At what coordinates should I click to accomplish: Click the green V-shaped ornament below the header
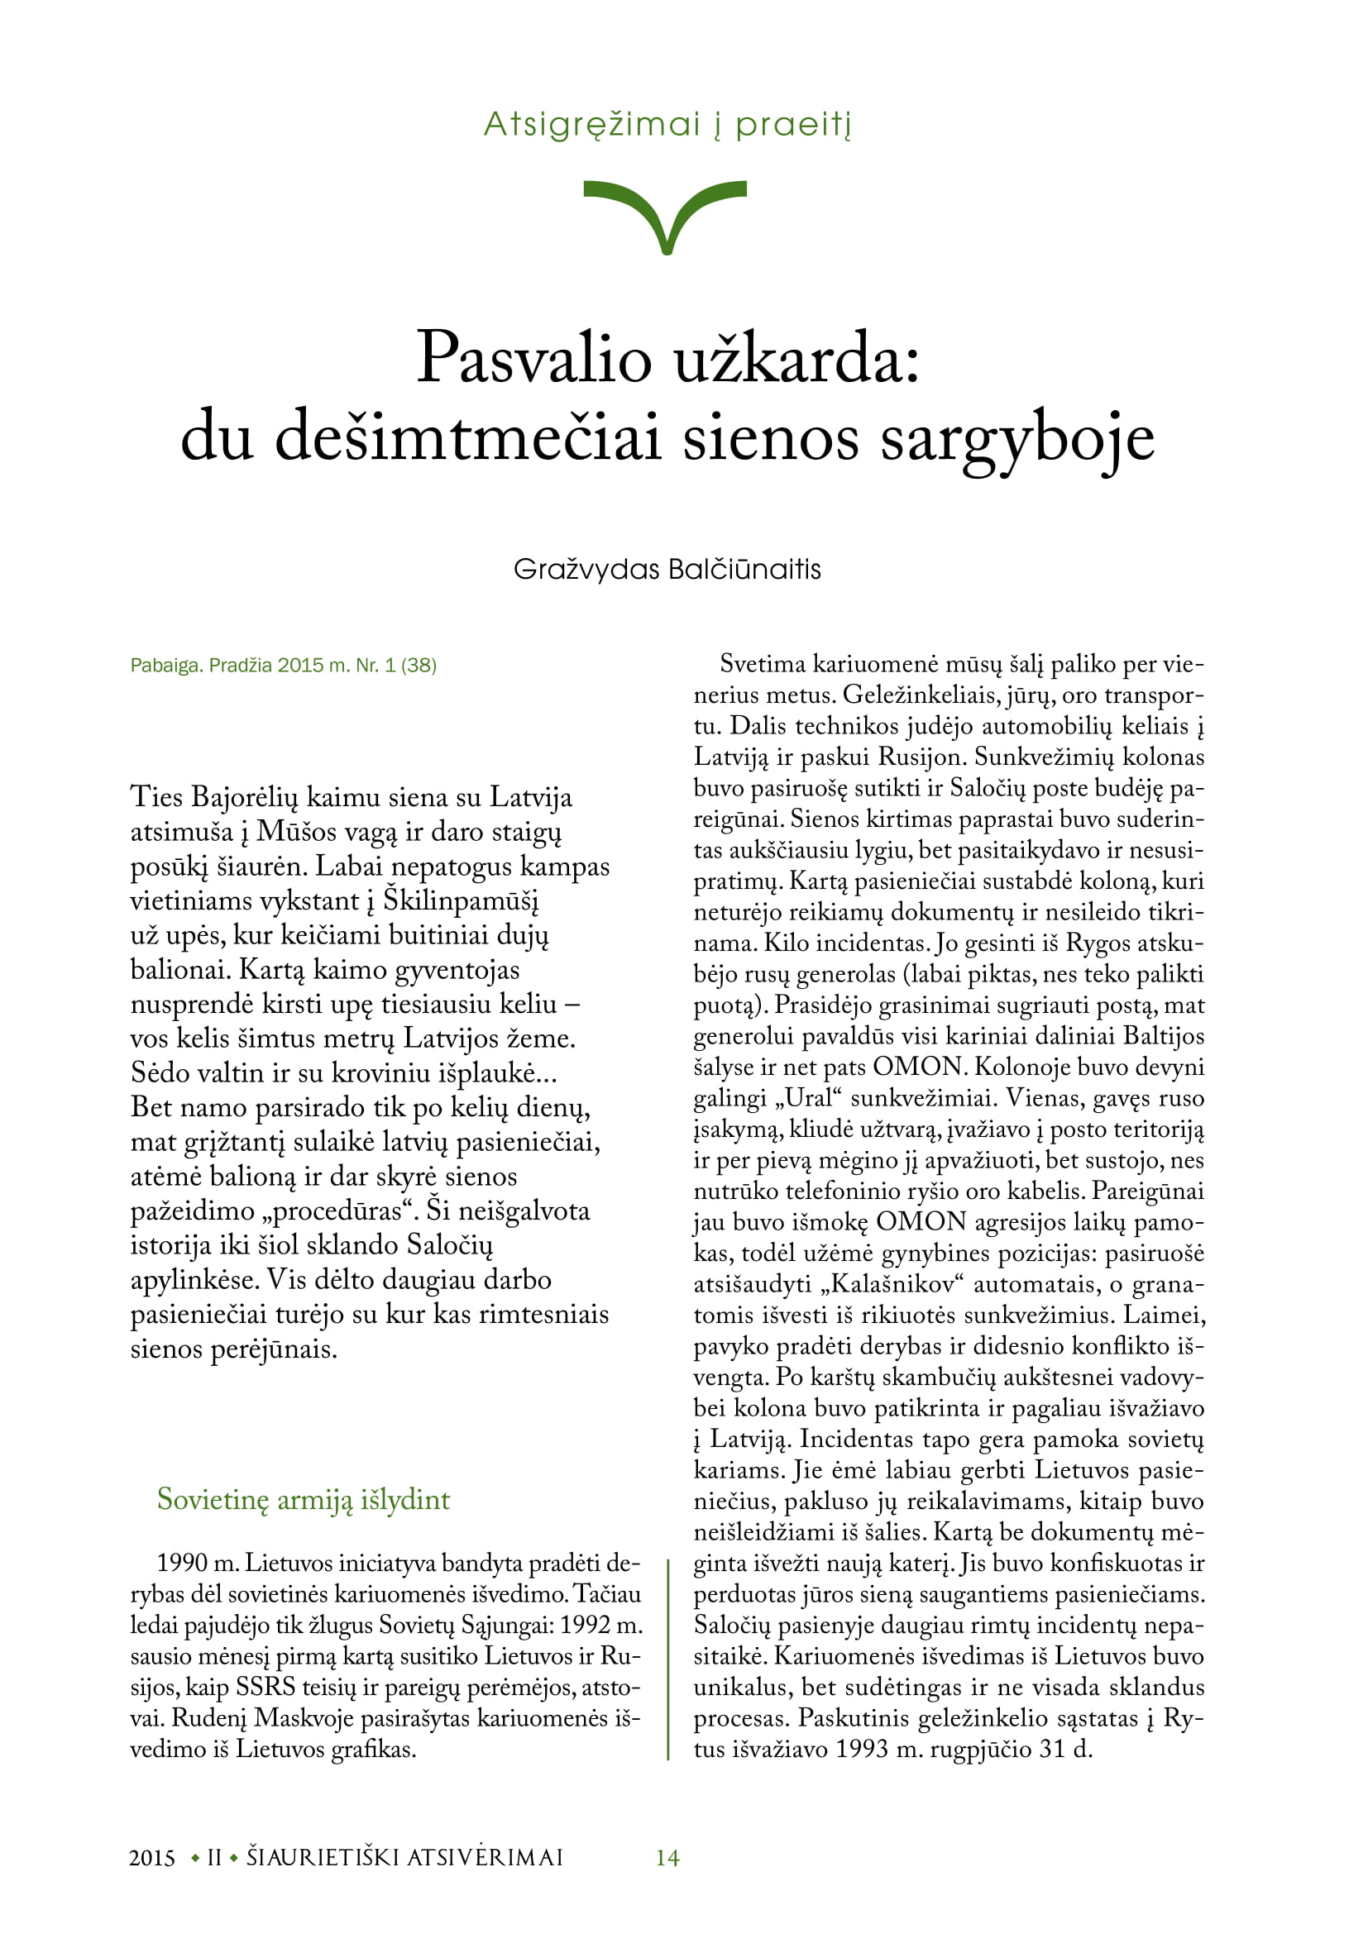[x=666, y=211]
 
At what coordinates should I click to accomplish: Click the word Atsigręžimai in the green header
[x=592, y=125]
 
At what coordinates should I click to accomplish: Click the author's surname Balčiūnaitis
[x=744, y=570]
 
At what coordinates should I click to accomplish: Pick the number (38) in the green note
[x=419, y=666]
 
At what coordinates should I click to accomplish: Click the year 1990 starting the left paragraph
[x=181, y=1564]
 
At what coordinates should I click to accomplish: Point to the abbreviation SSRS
[x=265, y=1688]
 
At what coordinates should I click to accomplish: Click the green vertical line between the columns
[x=668, y=1659]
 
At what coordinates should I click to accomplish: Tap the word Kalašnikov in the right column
[x=898, y=1285]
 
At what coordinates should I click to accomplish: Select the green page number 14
[x=667, y=1857]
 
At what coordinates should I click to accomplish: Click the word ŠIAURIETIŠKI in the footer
[x=323, y=1857]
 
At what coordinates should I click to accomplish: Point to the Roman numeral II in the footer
[x=214, y=1857]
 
